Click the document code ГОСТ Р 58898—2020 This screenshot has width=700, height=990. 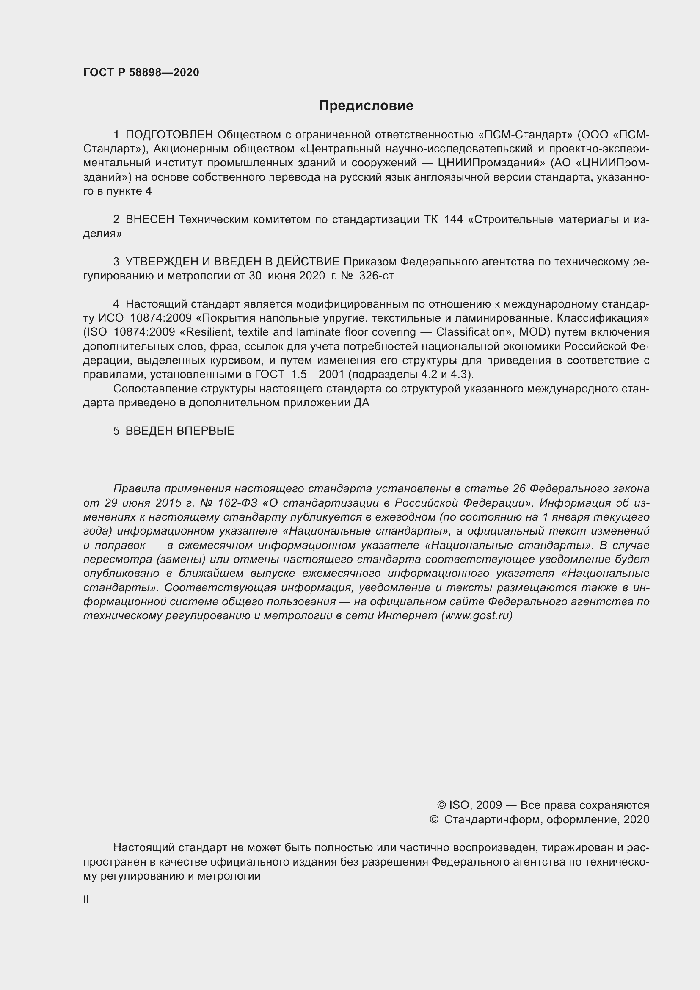point(141,72)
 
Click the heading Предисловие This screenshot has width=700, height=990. point(366,106)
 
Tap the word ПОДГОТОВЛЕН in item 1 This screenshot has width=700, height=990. point(169,135)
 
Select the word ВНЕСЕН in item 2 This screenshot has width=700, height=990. point(149,220)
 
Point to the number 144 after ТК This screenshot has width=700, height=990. point(453,220)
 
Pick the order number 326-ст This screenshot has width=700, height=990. point(376,276)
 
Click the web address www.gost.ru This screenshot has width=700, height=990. point(477,615)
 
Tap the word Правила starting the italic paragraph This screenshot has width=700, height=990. point(137,488)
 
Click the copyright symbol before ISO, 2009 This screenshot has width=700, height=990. point(441,805)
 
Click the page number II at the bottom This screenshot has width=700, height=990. point(86,899)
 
